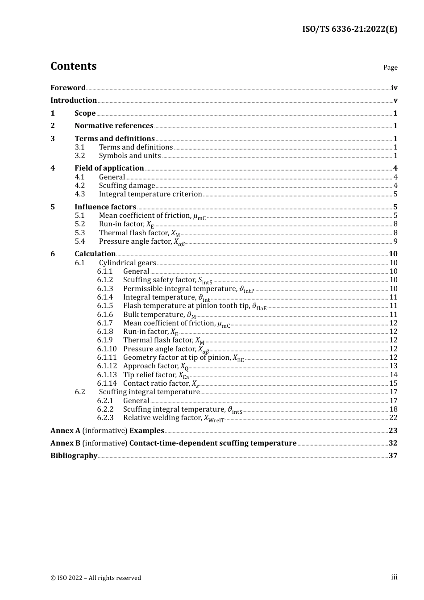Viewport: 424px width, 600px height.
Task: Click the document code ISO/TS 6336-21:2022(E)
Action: point(349,29)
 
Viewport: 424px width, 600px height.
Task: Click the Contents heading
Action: point(73,66)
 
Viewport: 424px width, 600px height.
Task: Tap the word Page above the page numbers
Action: point(390,67)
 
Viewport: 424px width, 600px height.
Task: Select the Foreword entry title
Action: point(68,87)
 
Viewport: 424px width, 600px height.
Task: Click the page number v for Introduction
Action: point(395,100)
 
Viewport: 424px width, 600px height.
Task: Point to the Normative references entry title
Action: point(114,126)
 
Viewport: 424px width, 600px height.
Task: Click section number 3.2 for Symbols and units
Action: point(80,156)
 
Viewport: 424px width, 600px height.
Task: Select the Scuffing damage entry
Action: point(127,186)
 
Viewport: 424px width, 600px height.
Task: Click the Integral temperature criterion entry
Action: point(150,194)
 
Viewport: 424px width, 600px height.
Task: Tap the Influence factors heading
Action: point(105,207)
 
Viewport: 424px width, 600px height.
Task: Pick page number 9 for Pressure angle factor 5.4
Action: point(395,242)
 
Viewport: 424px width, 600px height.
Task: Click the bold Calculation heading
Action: point(95,254)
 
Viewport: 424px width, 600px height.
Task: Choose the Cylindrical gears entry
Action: point(127,263)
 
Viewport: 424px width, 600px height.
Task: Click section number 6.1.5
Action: point(105,306)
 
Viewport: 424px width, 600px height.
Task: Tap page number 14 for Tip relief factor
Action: point(393,375)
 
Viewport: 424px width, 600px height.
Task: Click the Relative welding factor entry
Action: point(173,418)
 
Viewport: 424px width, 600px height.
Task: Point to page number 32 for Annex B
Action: point(393,443)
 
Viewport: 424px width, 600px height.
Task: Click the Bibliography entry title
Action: point(74,456)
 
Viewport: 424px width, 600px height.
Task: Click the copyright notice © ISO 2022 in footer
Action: point(96,578)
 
